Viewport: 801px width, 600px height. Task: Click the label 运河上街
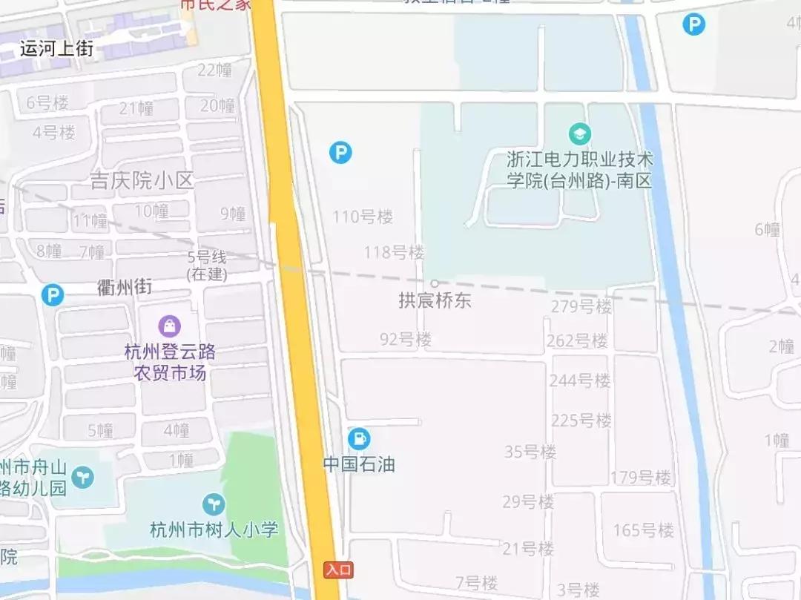tap(56, 50)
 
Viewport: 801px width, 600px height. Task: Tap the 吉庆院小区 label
tap(142, 180)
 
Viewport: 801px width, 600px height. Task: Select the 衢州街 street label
tap(125, 287)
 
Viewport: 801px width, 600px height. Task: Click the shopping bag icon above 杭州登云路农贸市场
tap(170, 326)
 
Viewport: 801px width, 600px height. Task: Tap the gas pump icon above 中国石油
tap(359, 438)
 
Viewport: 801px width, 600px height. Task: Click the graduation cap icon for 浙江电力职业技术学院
tap(579, 134)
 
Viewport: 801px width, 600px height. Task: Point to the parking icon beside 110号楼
tap(340, 153)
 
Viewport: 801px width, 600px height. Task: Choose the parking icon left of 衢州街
tap(52, 295)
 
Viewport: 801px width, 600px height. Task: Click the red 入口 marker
tap(338, 570)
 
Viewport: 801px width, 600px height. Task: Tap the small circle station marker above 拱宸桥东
tap(435, 283)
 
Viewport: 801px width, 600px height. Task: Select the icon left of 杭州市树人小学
tap(214, 505)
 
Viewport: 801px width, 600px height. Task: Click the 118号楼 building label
tap(394, 252)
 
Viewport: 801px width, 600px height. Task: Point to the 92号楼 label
tap(406, 340)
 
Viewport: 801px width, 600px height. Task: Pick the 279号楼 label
tap(581, 306)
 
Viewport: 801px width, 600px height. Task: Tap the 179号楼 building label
tap(641, 477)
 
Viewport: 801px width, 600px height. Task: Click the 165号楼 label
tap(644, 530)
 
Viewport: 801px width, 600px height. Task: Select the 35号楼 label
tap(530, 451)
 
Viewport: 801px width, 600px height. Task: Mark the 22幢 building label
tap(215, 70)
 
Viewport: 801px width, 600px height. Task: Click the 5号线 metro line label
tap(207, 257)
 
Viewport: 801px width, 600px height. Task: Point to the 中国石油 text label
tap(359, 464)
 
